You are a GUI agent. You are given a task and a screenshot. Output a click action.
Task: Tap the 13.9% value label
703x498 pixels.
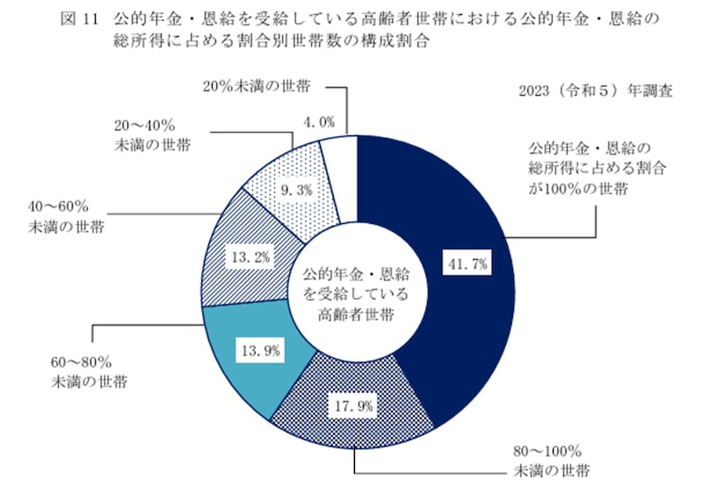pos(258,350)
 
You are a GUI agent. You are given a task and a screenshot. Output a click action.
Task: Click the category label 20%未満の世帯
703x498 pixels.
pos(257,87)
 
